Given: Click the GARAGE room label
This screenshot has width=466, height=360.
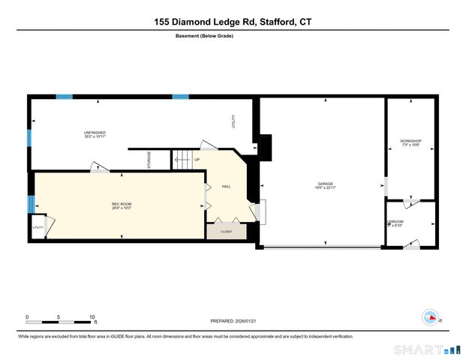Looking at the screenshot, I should pyautogui.click(x=324, y=184).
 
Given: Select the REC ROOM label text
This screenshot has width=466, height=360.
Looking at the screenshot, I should pyautogui.click(x=122, y=205).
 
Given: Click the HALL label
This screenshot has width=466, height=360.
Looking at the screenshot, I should pyautogui.click(x=226, y=187).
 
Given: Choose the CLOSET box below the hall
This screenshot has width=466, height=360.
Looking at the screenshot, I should pyautogui.click(x=226, y=232).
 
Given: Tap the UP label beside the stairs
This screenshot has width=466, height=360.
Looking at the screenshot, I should pyautogui.click(x=197, y=160).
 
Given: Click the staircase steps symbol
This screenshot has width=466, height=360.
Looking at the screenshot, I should pyautogui.click(x=182, y=160).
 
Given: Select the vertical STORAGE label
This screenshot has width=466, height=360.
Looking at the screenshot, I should pyautogui.click(x=149, y=160).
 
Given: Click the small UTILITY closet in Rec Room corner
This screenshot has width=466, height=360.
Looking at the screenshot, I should pyautogui.click(x=38, y=227).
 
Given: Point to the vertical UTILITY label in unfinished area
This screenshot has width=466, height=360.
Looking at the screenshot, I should pyautogui.click(x=233, y=121).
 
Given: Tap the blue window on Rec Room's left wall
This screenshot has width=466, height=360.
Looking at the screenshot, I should pyautogui.click(x=31, y=204).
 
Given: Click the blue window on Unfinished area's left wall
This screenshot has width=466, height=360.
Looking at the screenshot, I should pyautogui.click(x=29, y=139).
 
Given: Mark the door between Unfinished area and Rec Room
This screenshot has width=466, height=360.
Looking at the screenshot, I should pyautogui.click(x=99, y=168).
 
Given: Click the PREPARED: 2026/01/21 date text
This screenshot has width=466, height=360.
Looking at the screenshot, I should pyautogui.click(x=233, y=320).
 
